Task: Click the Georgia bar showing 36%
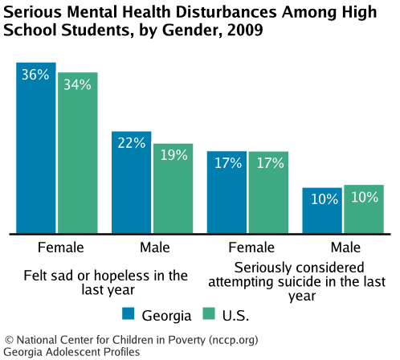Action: point(36,149)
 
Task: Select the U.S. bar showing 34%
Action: point(77,153)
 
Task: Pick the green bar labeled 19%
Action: point(173,189)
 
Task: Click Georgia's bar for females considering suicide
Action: point(227,192)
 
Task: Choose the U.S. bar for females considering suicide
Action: point(268,192)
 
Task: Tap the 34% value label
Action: point(77,84)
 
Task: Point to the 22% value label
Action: point(131,143)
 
